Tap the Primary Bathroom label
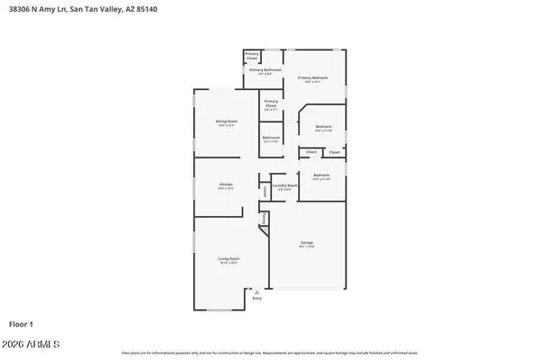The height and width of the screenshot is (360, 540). [265, 70]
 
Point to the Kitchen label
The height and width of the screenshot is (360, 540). [225, 184]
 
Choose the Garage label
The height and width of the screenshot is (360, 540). [307, 243]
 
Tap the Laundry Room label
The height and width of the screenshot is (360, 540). [285, 186]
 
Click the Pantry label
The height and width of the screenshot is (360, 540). [263, 219]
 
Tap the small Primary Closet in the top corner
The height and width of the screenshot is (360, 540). [252, 56]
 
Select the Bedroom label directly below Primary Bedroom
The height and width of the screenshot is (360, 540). [324, 127]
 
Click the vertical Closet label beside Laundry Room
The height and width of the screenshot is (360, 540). [265, 190]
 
